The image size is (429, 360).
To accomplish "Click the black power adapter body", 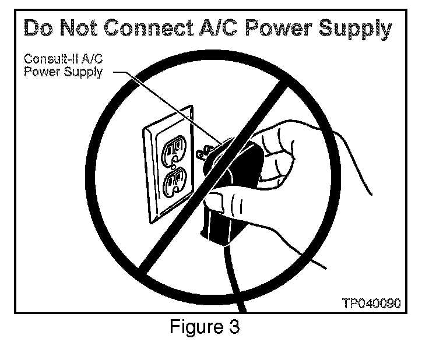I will click(x=239, y=169).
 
